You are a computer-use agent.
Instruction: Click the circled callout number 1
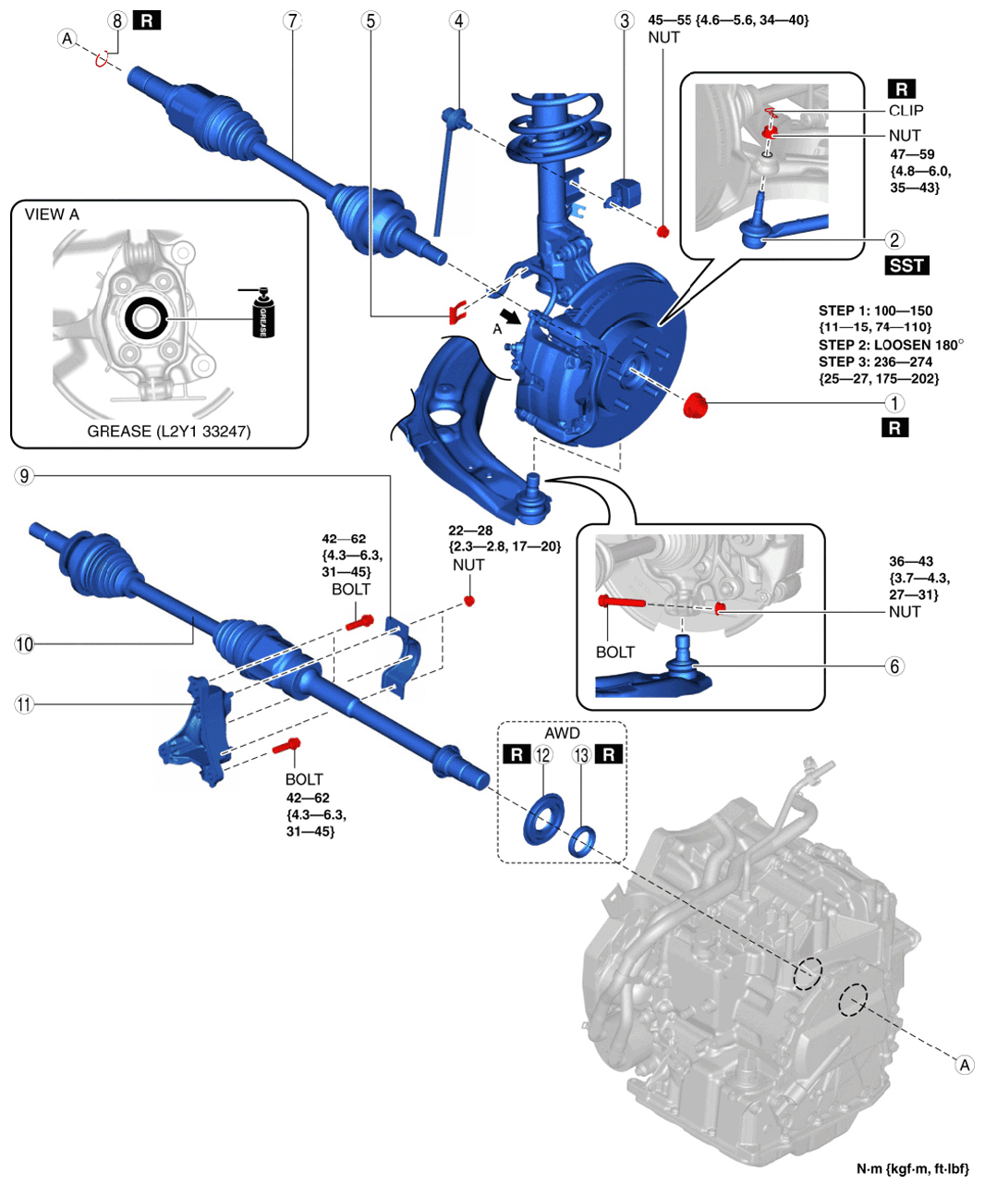(x=894, y=403)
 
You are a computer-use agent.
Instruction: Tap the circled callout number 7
(x=292, y=21)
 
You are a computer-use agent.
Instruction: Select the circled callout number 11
(x=24, y=705)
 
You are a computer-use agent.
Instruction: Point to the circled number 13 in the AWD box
(x=581, y=755)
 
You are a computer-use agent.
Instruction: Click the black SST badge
(x=906, y=265)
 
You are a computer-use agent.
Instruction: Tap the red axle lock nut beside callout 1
(x=695, y=405)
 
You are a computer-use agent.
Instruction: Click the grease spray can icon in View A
(x=262, y=312)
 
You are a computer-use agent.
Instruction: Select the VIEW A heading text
(x=52, y=214)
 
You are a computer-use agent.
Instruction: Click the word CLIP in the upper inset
(x=906, y=110)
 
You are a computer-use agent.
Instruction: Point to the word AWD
(x=562, y=733)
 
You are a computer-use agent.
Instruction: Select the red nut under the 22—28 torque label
(x=469, y=601)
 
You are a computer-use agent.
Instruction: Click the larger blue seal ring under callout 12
(x=543, y=819)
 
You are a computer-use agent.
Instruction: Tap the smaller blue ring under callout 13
(x=581, y=841)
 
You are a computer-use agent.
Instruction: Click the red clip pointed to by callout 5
(x=457, y=312)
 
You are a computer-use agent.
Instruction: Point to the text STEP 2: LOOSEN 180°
(x=891, y=345)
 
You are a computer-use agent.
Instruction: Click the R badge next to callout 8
(x=147, y=21)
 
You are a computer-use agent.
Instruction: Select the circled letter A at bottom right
(x=965, y=1065)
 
